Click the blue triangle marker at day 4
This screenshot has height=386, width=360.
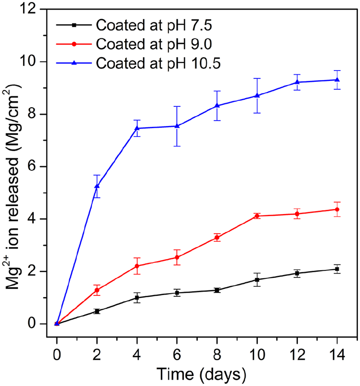tap(137, 128)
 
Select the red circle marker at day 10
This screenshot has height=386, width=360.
tap(257, 216)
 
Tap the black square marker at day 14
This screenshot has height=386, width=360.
tap(337, 269)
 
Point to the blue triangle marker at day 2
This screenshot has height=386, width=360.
tap(97, 186)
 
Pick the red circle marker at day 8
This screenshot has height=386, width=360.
tap(217, 238)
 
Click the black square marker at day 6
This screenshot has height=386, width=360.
tap(177, 293)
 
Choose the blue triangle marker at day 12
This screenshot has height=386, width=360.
tap(297, 82)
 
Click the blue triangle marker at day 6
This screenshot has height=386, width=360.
tap(177, 126)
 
